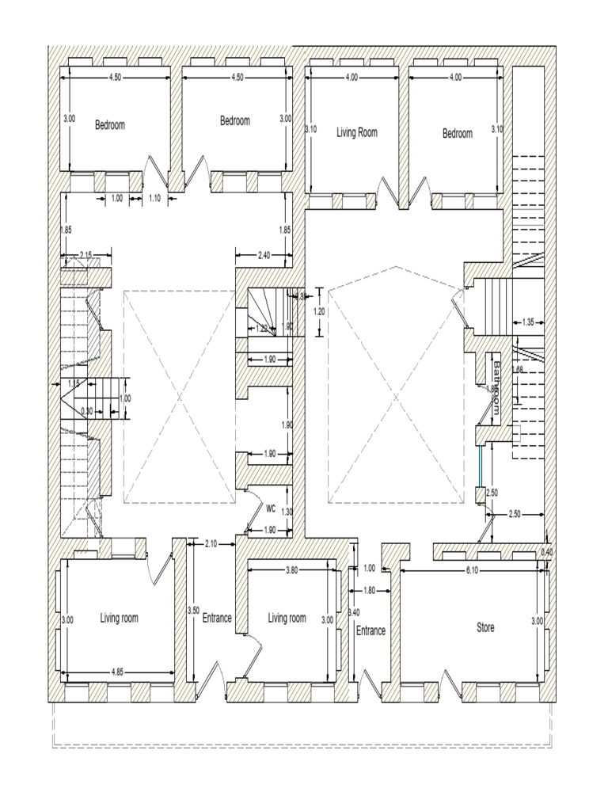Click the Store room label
pyautogui.click(x=485, y=627)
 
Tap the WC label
pyautogui.click(x=271, y=508)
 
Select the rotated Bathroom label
pyautogui.click(x=497, y=387)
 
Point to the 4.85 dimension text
pyautogui.click(x=113, y=672)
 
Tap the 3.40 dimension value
pyautogui.click(x=355, y=612)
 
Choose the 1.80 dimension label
pyautogui.click(x=369, y=590)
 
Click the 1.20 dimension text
pyautogui.click(x=319, y=311)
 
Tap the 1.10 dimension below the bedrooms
pyautogui.click(x=155, y=199)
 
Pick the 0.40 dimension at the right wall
pyautogui.click(x=546, y=551)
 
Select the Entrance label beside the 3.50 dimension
pyautogui.click(x=217, y=618)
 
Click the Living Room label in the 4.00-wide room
pyautogui.click(x=357, y=132)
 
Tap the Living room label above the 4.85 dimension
pyautogui.click(x=120, y=618)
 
